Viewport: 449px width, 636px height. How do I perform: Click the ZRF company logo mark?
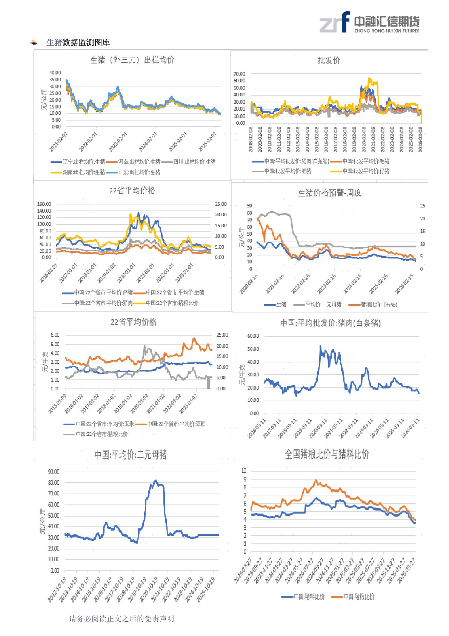334,22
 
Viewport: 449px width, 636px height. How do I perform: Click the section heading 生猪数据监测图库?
78,43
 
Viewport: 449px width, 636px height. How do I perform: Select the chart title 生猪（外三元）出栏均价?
132,60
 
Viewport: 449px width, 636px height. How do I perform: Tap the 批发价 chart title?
329,60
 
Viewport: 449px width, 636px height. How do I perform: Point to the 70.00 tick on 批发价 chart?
239,74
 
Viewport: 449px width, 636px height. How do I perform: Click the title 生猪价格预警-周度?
330,193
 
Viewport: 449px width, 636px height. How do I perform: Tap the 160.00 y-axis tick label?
44,204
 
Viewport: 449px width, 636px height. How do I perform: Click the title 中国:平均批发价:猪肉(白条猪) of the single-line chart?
331,323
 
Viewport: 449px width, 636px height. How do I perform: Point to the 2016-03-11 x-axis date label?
257,428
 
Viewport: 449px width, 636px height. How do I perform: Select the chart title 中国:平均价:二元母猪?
131,455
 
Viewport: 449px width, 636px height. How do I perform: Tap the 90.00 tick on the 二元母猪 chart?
54,472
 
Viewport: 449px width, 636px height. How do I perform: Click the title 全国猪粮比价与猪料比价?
327,454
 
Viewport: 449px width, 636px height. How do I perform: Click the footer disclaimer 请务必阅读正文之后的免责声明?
121,619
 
